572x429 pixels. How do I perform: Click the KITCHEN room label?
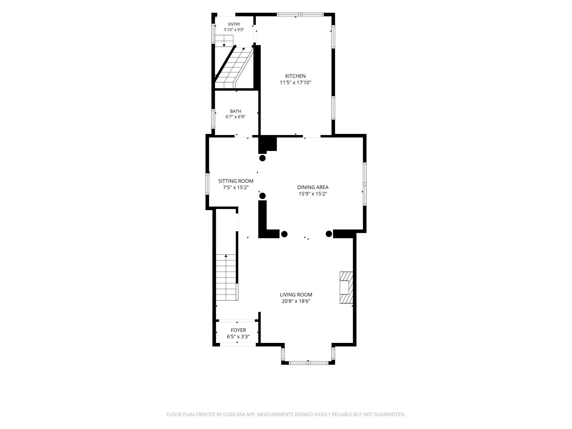295,76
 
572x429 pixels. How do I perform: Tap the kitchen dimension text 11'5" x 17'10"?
295,82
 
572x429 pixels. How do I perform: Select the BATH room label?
236,111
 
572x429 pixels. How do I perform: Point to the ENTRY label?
234,24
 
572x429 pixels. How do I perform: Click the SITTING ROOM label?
236,181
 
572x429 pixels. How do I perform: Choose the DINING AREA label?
313,187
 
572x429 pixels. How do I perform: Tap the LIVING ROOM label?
296,295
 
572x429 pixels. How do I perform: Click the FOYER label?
238,330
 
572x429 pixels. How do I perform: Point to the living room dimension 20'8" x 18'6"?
296,301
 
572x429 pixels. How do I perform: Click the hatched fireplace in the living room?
346,288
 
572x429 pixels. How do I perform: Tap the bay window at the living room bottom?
308,363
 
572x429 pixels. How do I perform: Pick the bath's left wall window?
213,119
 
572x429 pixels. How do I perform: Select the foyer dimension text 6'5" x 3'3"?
238,337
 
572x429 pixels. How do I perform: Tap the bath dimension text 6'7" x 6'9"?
236,117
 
